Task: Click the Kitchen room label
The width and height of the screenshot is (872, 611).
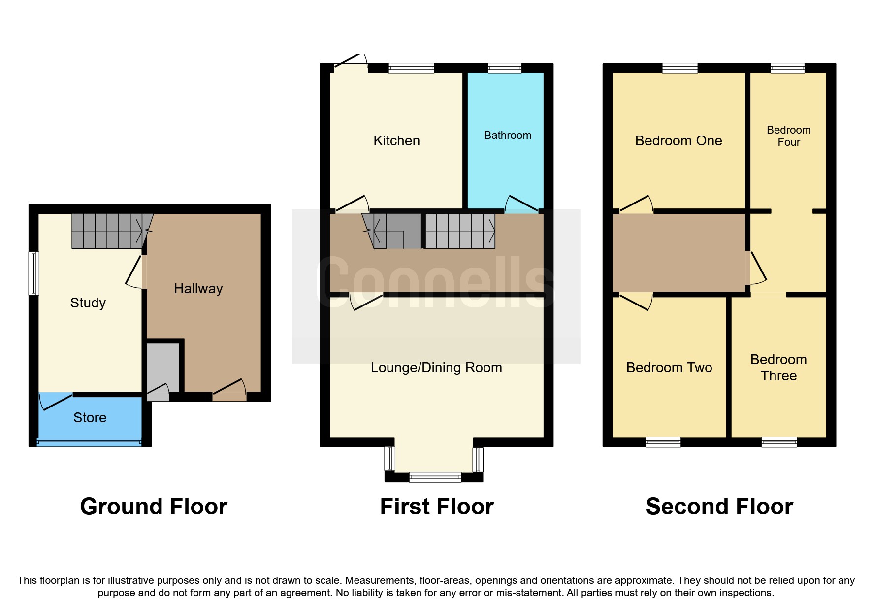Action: [x=396, y=141]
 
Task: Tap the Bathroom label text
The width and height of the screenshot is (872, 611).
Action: [x=508, y=136]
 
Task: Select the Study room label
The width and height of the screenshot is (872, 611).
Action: [x=88, y=303]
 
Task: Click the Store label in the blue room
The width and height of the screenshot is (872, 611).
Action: [x=90, y=418]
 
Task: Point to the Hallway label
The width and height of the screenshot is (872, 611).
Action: [x=198, y=289]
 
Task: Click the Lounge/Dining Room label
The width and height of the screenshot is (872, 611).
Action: [x=436, y=368]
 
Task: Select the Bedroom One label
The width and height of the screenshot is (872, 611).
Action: [x=678, y=141]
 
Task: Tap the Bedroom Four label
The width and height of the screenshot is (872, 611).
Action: [x=788, y=136]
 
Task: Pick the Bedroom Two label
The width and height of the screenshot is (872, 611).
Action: [x=669, y=368]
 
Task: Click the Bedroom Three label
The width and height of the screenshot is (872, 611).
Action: [x=778, y=368]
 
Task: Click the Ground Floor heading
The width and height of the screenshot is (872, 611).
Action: [x=154, y=507]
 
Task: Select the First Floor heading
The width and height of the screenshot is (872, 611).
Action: [x=437, y=507]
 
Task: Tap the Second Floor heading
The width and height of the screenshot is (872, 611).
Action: [x=719, y=507]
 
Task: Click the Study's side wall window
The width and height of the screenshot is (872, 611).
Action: [x=33, y=273]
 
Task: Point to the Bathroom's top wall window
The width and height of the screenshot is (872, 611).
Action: [x=505, y=68]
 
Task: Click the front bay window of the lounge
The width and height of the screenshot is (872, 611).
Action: [x=435, y=476]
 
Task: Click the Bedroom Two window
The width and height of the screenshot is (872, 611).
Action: [x=663, y=442]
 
